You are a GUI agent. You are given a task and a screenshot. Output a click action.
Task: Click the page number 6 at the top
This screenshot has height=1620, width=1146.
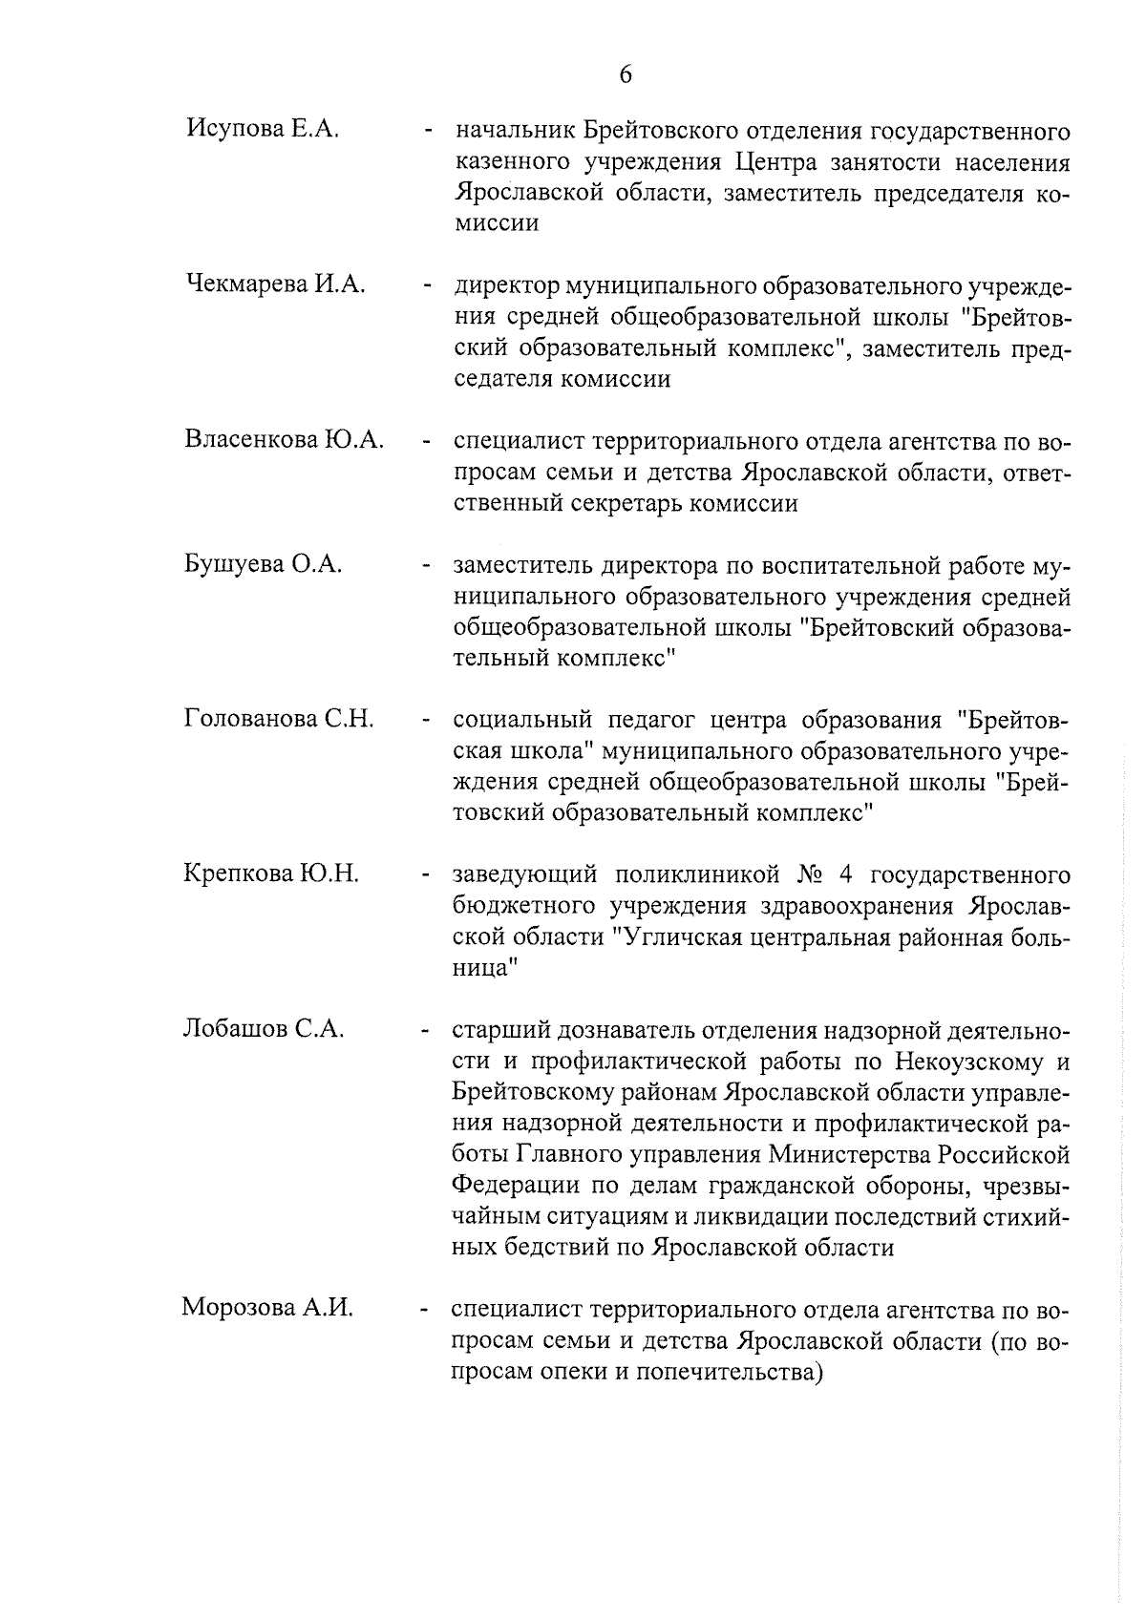coord(626,74)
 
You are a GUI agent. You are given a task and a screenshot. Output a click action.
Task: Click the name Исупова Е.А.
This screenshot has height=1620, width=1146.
coord(263,129)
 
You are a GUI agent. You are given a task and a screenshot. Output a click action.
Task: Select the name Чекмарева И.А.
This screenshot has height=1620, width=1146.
coord(276,284)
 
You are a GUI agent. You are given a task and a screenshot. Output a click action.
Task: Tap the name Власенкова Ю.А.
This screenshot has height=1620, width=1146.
coord(285,440)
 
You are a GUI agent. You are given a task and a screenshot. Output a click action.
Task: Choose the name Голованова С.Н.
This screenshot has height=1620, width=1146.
coord(279,719)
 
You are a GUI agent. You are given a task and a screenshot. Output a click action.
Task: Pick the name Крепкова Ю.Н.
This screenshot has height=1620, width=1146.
coord(271,873)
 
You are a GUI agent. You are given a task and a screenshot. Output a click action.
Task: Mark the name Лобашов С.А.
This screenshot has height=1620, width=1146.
coord(263,1029)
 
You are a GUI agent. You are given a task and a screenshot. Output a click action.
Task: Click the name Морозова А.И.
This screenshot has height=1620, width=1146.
coord(267,1308)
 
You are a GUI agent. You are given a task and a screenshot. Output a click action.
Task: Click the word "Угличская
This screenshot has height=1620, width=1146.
coord(682,937)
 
